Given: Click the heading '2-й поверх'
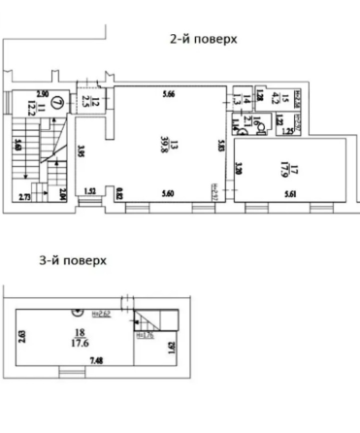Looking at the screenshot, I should tap(203, 39).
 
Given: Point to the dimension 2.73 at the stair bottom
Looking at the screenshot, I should tap(27, 197).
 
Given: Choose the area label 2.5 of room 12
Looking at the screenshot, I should tap(85, 101).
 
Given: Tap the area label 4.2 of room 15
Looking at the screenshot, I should tap(273, 96).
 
